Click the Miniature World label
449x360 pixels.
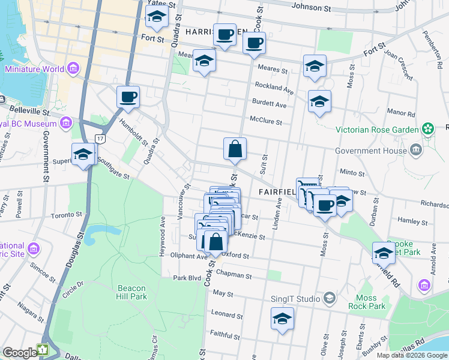(34, 68)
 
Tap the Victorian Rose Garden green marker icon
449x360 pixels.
(427, 128)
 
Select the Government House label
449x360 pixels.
(370, 151)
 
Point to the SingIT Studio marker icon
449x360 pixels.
(329, 298)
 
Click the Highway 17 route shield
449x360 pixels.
(100, 139)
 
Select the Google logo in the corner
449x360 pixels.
(20, 352)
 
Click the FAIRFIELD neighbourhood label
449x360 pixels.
(277, 192)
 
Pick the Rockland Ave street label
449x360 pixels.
(274, 86)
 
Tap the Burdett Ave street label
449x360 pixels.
(270, 104)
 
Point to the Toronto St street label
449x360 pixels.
(65, 215)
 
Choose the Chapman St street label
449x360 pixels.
(236, 275)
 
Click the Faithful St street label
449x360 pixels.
(225, 332)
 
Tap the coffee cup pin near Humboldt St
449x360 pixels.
(128, 97)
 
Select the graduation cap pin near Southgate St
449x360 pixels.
(83, 155)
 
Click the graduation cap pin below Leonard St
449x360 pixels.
(282, 319)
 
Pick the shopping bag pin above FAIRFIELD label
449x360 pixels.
(235, 149)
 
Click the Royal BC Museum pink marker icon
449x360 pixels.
(66, 124)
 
